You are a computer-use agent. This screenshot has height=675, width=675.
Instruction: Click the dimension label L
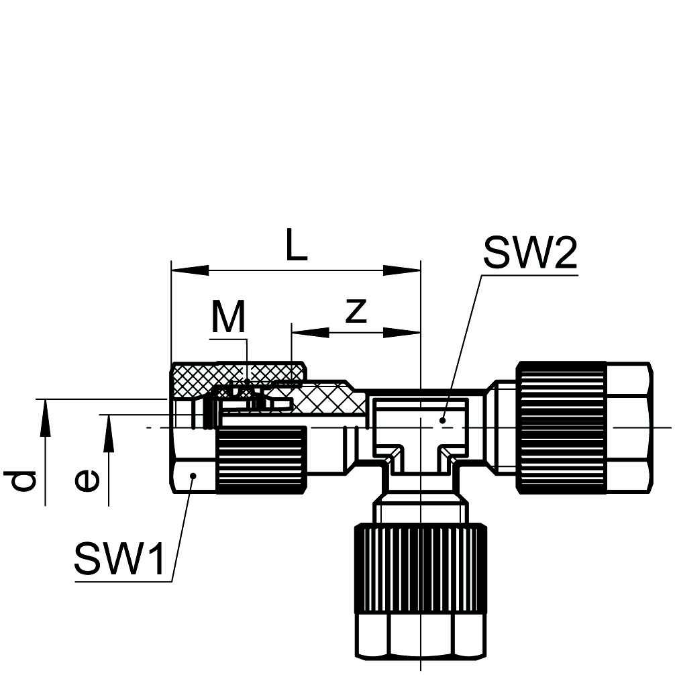296,246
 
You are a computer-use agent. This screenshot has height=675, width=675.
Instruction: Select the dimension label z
356,311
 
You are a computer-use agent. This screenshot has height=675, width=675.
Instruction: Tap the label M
229,317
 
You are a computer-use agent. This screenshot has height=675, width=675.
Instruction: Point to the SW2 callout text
529,252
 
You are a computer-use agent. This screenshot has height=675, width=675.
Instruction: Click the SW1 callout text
119,559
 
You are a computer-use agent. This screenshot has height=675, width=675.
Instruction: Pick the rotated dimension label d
24,480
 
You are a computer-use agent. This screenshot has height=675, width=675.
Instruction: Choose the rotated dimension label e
87,480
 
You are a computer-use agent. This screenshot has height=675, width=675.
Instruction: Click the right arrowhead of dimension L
402,270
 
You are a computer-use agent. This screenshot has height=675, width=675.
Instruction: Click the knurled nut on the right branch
561,427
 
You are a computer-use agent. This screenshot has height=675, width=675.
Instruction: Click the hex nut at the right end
629,427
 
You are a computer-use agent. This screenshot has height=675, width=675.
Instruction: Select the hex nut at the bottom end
420,634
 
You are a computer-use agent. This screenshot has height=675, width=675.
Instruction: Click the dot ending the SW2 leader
442,421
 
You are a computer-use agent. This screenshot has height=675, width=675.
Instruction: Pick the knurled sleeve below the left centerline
261,462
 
